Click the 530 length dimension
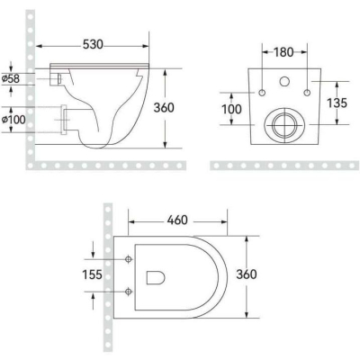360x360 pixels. pyautogui.click(x=93, y=45)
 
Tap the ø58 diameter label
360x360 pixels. pyautogui.click(x=11, y=79)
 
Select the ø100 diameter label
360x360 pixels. pyautogui.click(x=13, y=120)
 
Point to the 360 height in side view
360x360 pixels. pyautogui.click(x=164, y=108)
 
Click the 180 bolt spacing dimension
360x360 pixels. pyautogui.click(x=283, y=52)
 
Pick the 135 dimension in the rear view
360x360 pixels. pyautogui.click(x=337, y=103)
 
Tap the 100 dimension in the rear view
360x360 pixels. pyautogui.click(x=231, y=109)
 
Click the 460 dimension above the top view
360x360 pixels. pyautogui.click(x=177, y=220)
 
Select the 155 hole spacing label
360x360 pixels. pyautogui.click(x=92, y=274)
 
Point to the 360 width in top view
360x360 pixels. pyautogui.click(x=247, y=274)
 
